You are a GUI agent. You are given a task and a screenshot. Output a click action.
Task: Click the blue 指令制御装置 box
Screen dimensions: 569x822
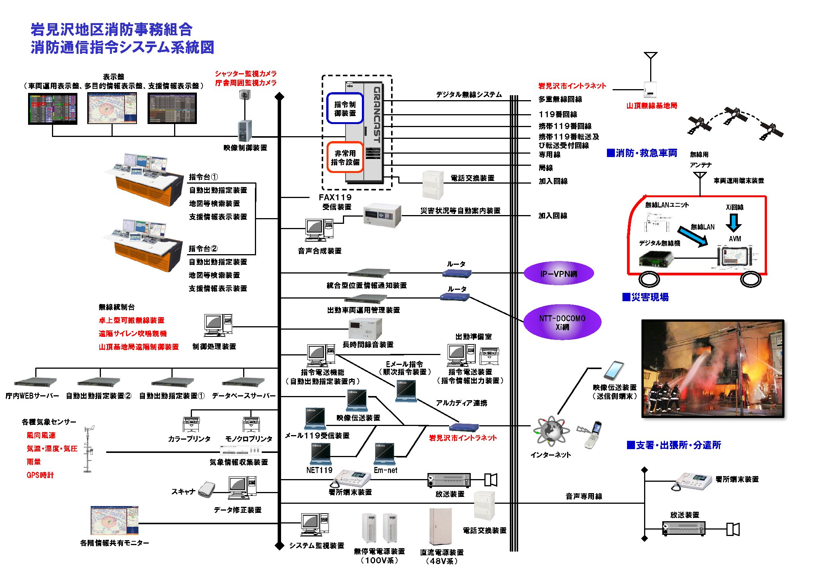pos(345,108)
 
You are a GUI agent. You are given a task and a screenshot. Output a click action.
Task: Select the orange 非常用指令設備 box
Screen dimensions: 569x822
pos(345,157)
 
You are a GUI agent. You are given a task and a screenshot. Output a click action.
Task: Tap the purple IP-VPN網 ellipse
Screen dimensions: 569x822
pos(558,273)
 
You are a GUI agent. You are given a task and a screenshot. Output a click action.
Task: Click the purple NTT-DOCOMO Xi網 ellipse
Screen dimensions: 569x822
pos(562,322)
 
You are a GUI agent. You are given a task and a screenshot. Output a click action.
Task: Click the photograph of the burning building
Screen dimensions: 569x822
pos(712,369)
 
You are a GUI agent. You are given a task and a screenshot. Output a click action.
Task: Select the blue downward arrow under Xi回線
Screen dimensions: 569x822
pos(734,223)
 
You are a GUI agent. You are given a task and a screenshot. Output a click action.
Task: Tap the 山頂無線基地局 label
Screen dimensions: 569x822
pos(651,106)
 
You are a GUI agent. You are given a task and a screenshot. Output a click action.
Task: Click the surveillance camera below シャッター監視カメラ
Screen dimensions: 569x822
pos(245,94)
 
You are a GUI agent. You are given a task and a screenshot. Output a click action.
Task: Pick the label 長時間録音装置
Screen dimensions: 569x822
pos(368,344)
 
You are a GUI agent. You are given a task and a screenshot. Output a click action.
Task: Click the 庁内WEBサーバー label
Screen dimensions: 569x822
pos(32,396)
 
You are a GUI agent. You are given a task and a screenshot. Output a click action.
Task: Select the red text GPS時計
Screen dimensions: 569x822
pos(40,475)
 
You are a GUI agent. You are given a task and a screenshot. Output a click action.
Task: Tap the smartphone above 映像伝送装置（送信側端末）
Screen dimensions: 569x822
pos(614,371)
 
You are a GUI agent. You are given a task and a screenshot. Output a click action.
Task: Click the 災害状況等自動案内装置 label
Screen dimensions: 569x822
pos(460,211)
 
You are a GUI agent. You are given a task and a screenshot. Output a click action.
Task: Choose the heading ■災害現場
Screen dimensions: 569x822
pos(645,297)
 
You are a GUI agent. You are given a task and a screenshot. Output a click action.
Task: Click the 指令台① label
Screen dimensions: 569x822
pos(203,177)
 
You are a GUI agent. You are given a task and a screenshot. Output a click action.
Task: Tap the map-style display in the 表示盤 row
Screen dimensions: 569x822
pos(112,108)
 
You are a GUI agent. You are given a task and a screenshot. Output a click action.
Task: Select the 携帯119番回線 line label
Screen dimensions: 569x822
pos(565,126)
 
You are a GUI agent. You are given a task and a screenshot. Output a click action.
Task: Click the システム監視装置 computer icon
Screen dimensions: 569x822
pos(314,524)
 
